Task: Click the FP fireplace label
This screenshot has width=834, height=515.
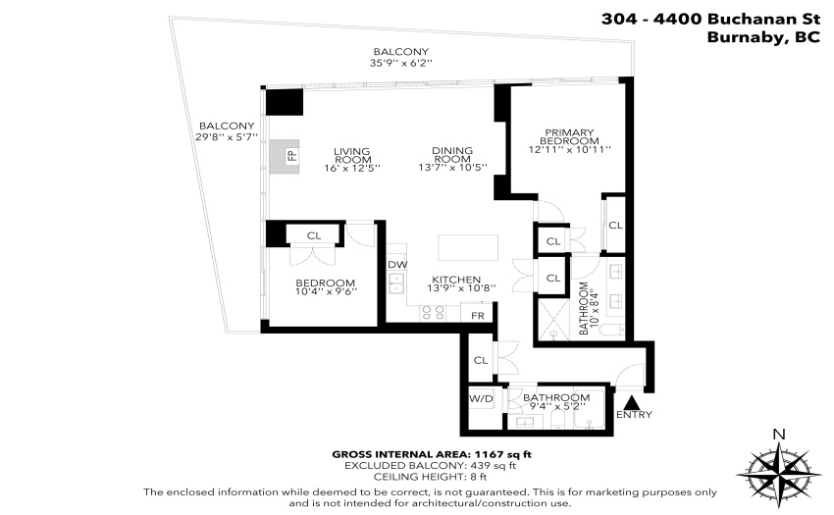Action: (x=291, y=155)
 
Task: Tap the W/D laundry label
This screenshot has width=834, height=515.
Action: (x=481, y=398)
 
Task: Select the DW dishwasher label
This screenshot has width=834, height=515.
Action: (x=397, y=265)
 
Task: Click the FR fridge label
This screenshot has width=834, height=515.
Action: (x=478, y=316)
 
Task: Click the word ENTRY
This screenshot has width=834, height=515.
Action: (x=634, y=414)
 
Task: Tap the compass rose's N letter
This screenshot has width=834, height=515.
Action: (x=779, y=435)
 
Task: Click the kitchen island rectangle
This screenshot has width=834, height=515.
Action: (x=468, y=247)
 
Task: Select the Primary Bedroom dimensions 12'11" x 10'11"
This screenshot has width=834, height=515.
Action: (x=569, y=149)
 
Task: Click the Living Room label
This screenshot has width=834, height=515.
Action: (x=352, y=155)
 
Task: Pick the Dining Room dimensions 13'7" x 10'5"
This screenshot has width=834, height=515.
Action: (x=452, y=168)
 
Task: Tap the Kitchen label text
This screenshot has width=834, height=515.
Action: (x=456, y=280)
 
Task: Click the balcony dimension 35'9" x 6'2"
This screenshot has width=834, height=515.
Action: (x=401, y=63)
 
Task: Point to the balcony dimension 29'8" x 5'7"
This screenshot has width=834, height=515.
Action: (x=227, y=136)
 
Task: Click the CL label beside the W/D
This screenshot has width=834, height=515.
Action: (x=481, y=360)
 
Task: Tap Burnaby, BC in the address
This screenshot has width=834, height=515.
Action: (x=763, y=37)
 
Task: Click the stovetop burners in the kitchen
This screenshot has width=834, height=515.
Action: (x=433, y=313)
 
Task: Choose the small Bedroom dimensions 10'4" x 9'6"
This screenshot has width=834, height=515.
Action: (x=326, y=291)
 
